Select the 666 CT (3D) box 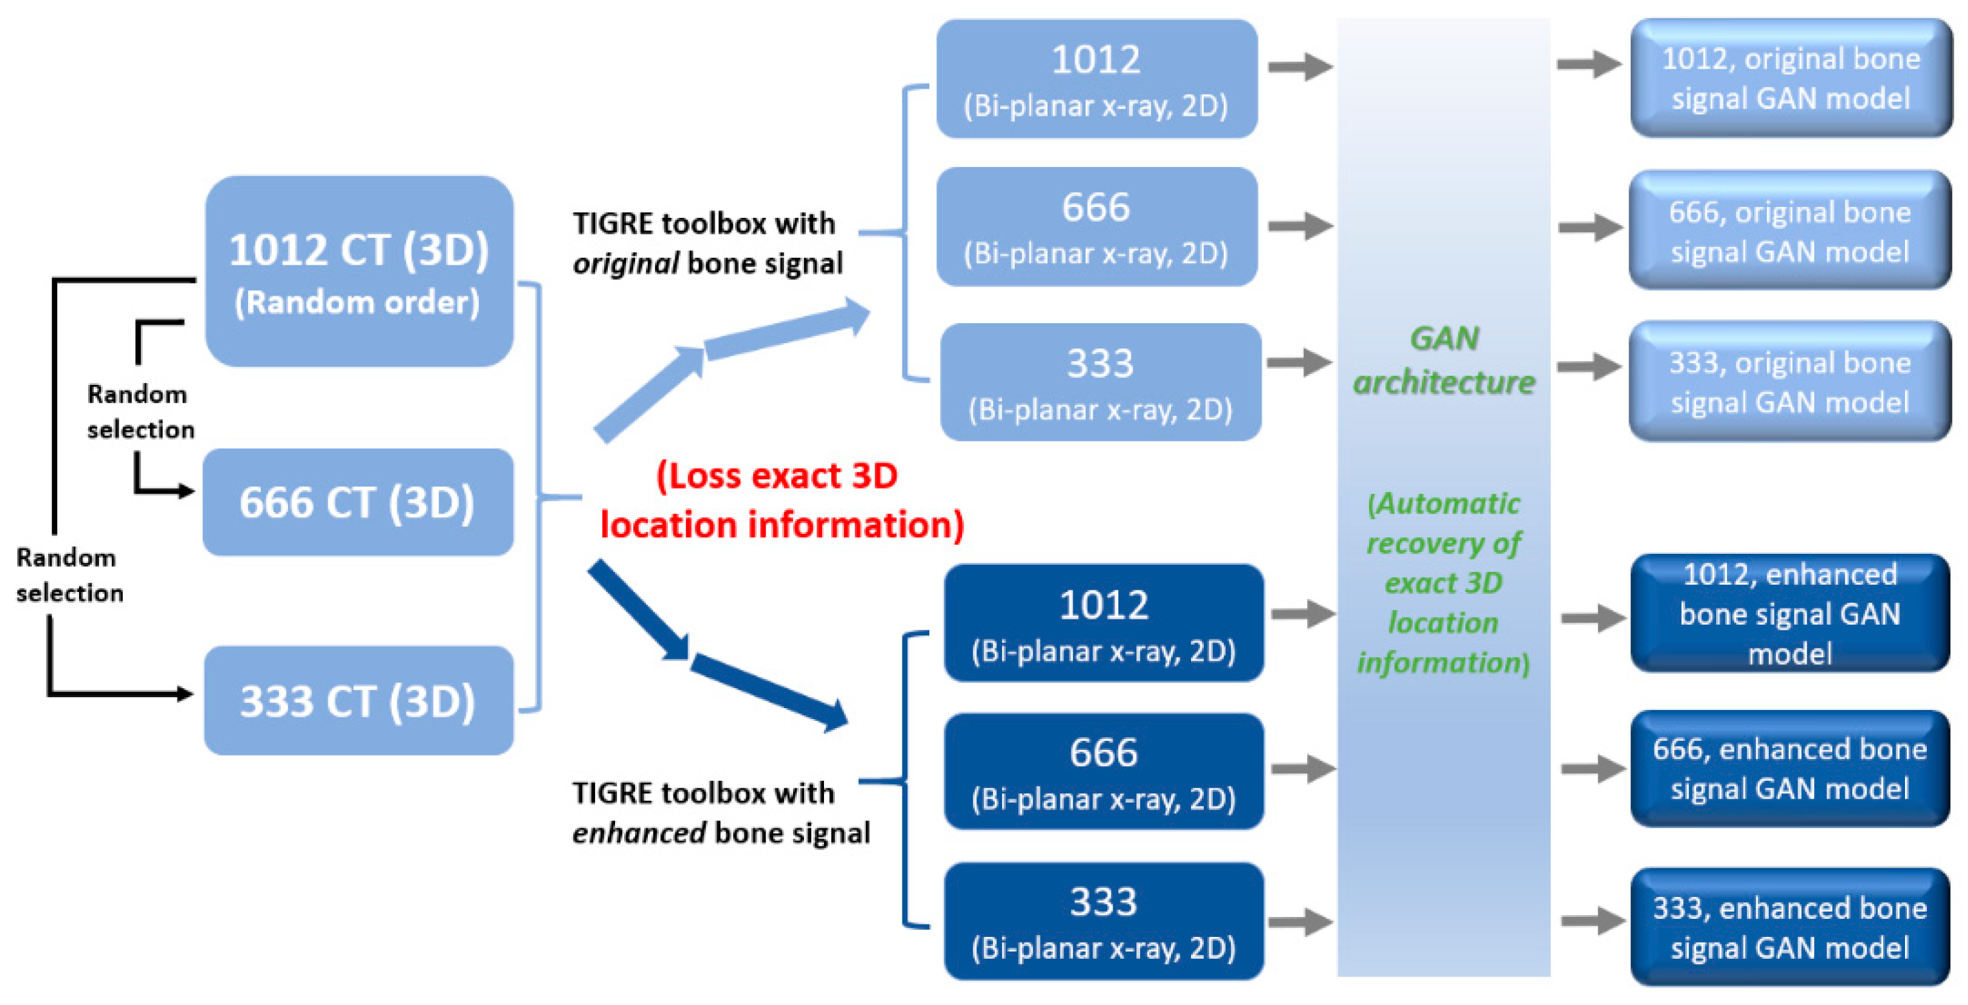(x=357, y=502)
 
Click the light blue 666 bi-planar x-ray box (x=1096, y=227)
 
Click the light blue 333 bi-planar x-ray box (x=1100, y=382)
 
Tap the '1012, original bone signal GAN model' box (x=1790, y=78)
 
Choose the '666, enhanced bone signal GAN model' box (x=1789, y=769)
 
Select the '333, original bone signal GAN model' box (x=1789, y=382)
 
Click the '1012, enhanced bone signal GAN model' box (x=1789, y=613)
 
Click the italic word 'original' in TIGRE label (x=625, y=264)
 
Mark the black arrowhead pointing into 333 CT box (x=186, y=693)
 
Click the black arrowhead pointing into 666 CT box (x=186, y=490)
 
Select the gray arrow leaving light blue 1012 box (x=1300, y=66)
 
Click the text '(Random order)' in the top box (x=357, y=303)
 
